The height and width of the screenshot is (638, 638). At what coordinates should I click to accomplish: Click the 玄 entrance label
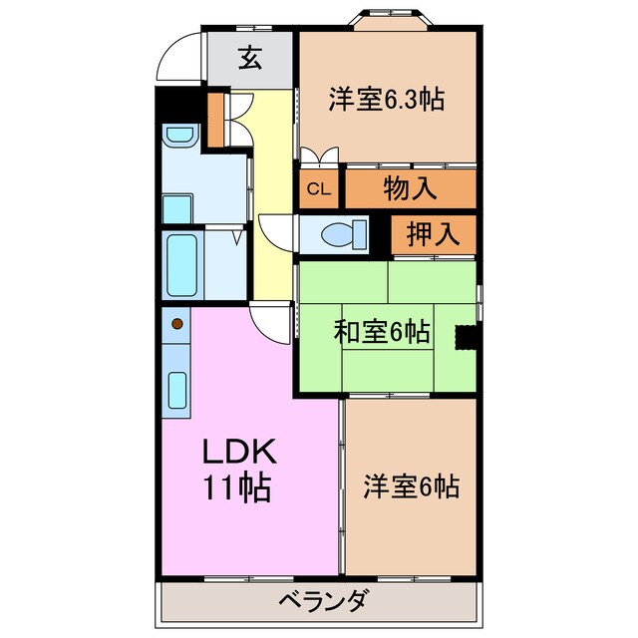click(249, 59)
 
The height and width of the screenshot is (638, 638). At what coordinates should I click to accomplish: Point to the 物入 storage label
click(410, 187)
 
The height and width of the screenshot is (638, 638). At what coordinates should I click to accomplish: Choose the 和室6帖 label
click(382, 331)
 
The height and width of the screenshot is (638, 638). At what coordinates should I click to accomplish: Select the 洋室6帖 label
click(411, 487)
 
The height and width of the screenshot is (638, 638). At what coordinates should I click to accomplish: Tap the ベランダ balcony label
click(319, 601)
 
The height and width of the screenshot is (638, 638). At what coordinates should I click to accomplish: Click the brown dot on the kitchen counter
click(178, 323)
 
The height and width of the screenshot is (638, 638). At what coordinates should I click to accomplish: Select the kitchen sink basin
click(178, 389)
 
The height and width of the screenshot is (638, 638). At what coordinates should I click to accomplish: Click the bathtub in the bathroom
click(182, 265)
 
